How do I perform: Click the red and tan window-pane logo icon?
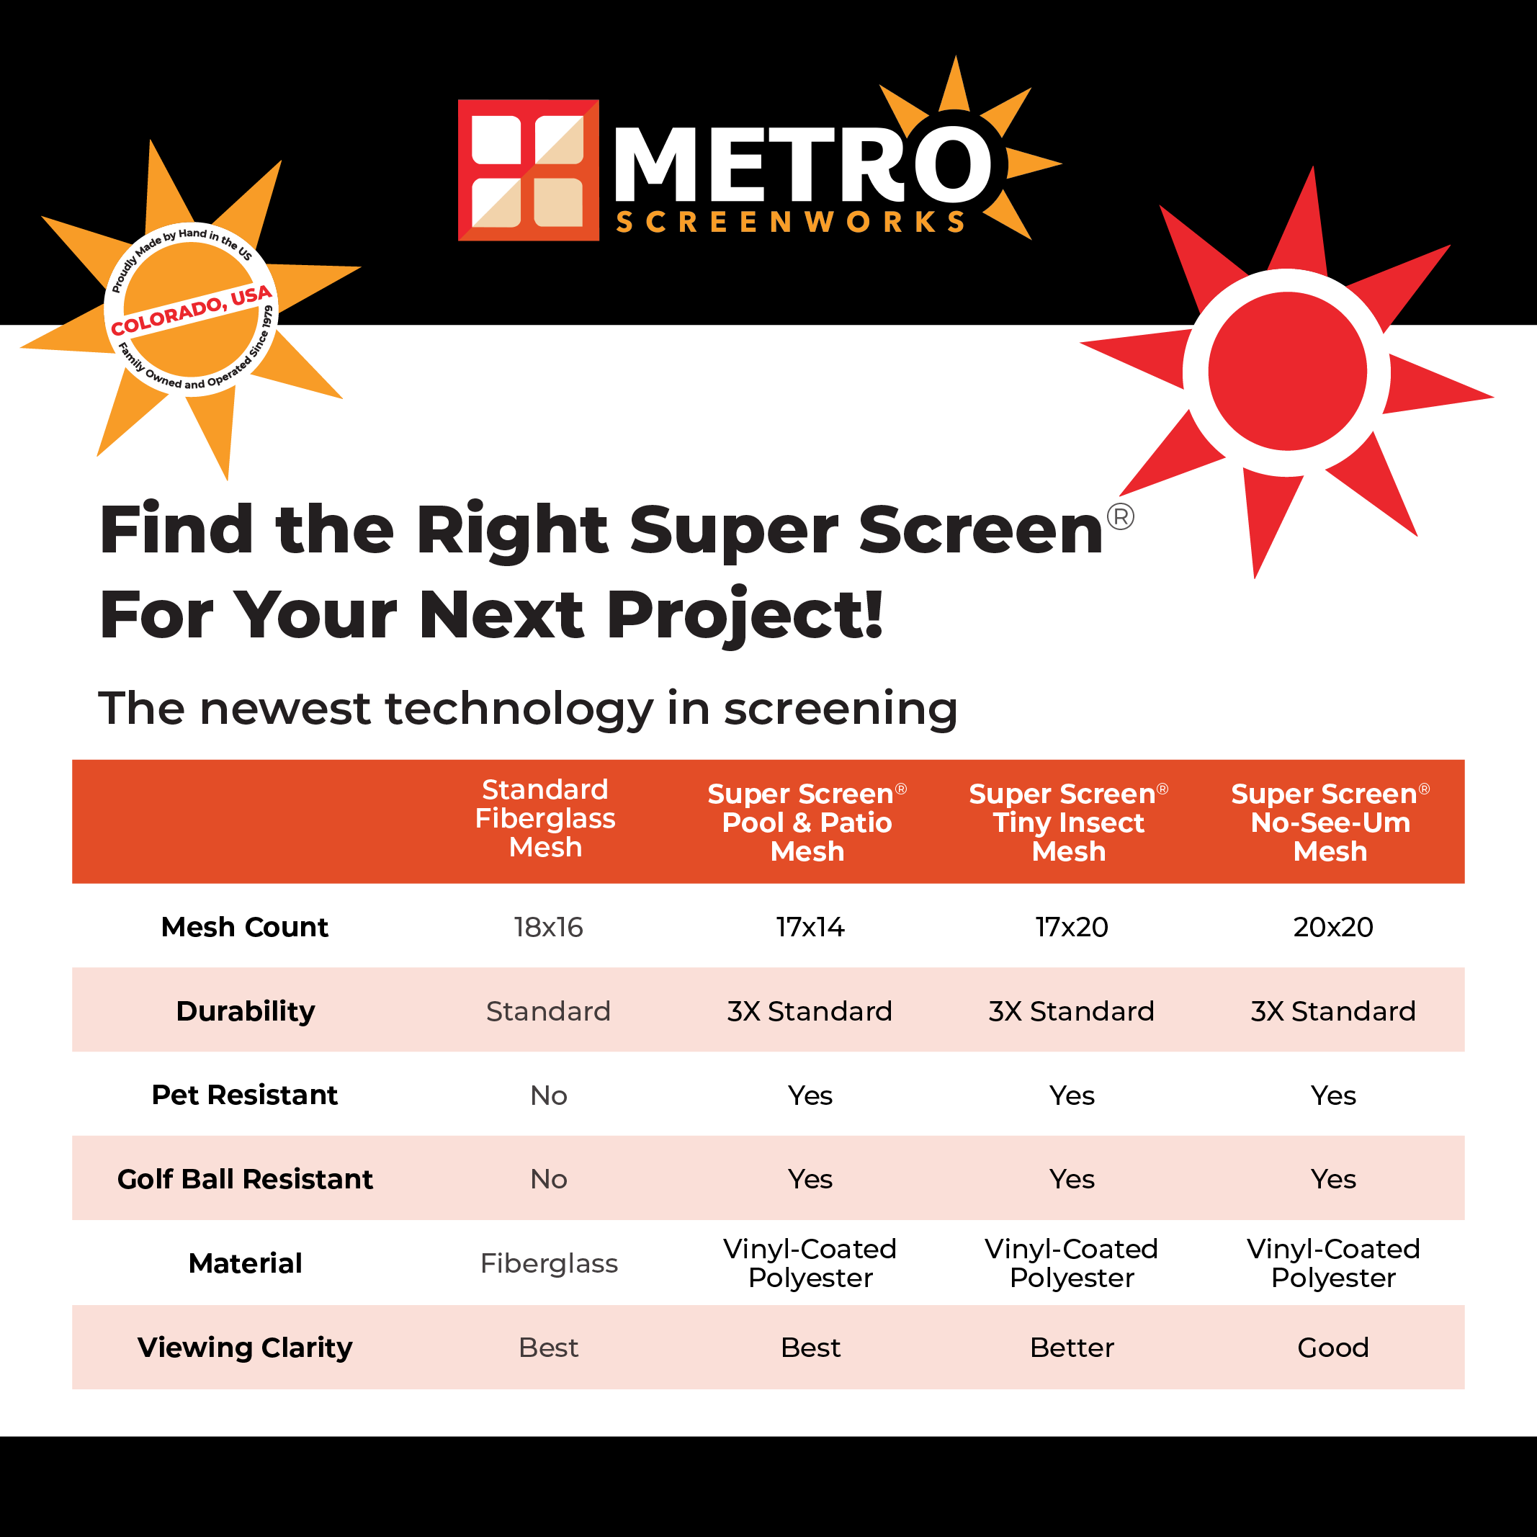[x=528, y=170]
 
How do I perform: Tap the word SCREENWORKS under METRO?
[x=791, y=222]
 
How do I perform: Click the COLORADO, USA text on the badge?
[x=191, y=310]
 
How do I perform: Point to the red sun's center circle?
[x=1286, y=372]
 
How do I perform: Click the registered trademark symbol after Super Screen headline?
[x=1120, y=517]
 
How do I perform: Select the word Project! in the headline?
[x=745, y=615]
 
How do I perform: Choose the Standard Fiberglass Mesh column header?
[x=545, y=819]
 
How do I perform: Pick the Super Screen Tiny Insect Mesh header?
[x=1068, y=822]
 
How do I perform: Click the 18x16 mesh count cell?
[x=548, y=927]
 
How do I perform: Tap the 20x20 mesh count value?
[x=1332, y=927]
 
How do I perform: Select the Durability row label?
[x=245, y=1011]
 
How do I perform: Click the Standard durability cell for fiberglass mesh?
[x=548, y=1011]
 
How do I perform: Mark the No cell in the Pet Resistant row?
[x=548, y=1095]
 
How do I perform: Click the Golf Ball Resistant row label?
[x=245, y=1179]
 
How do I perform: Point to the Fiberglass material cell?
[x=548, y=1263]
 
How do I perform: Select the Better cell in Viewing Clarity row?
[x=1072, y=1348]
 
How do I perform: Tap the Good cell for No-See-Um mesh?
[x=1332, y=1348]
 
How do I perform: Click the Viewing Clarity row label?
[x=245, y=1348]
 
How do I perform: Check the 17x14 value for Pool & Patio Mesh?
[x=810, y=927]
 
